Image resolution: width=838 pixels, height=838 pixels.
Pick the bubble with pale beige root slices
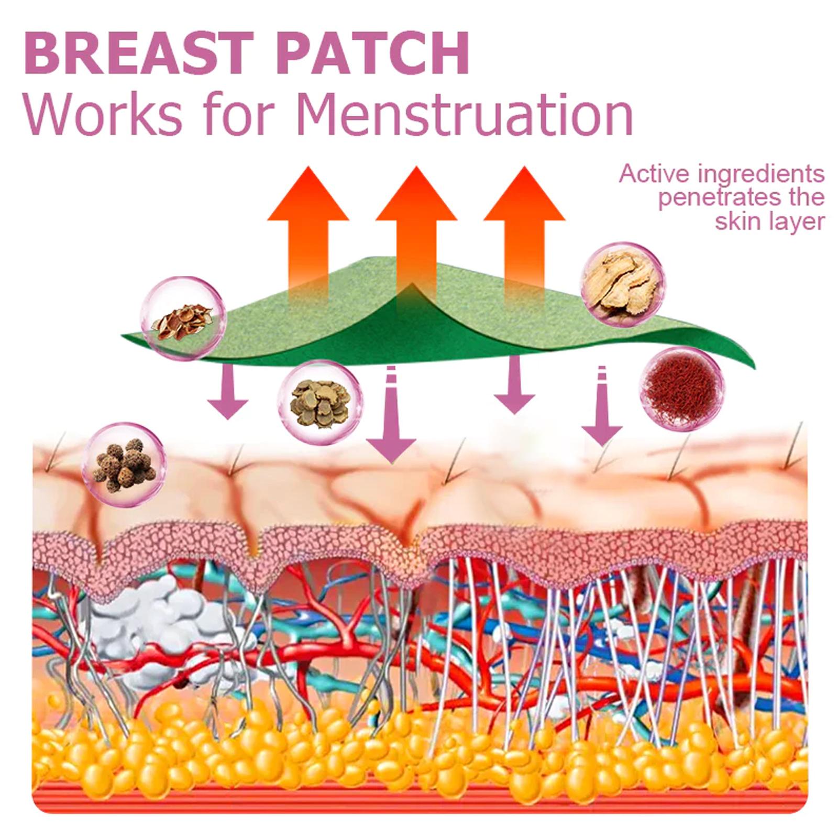[624, 283]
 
